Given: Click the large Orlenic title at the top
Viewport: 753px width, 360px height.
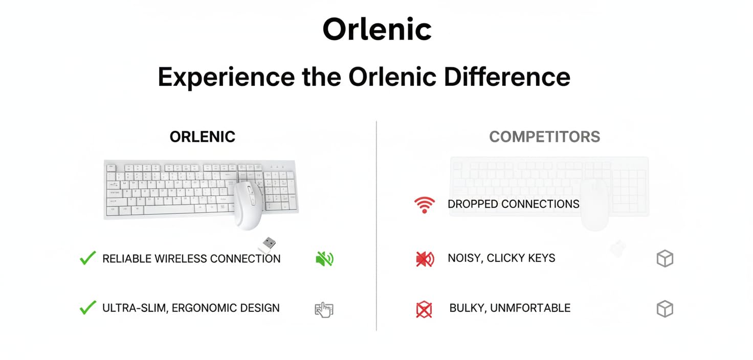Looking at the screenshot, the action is coord(377,29).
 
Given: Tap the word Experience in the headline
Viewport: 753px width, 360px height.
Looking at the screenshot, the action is coord(226,77).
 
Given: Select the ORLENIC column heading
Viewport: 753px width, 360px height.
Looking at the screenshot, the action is coord(203,137).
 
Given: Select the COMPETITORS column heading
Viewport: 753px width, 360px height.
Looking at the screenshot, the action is coord(545,137).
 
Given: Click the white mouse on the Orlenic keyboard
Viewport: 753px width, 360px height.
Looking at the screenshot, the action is coord(249,205).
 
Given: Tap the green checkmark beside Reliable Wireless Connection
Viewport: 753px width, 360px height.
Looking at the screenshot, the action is coord(88,258).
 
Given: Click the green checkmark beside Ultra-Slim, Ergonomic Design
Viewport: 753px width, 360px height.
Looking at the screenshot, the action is coord(88,307).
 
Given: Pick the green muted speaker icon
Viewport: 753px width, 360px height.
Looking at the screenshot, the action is coord(324,258).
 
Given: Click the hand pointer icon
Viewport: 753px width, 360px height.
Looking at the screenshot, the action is coord(324,309).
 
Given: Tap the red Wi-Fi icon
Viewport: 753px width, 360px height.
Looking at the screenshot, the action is coord(425,205).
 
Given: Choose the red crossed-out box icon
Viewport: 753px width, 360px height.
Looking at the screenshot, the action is coord(424,309).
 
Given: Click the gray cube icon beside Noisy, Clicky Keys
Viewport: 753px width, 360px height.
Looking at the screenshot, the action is coord(665,258).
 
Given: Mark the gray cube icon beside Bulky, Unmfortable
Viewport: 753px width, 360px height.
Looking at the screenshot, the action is coord(665,308).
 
